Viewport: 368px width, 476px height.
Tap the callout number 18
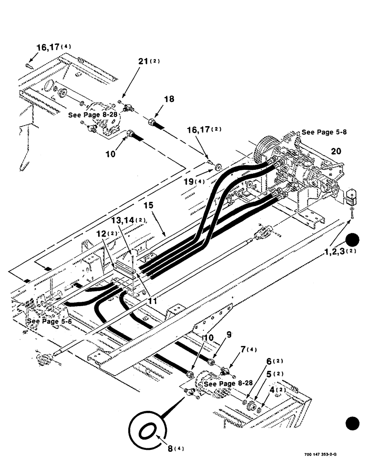pyautogui.click(x=169, y=99)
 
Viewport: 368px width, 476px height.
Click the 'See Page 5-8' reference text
pyautogui.click(x=324, y=132)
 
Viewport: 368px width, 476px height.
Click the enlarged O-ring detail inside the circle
pyautogui.click(x=147, y=431)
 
